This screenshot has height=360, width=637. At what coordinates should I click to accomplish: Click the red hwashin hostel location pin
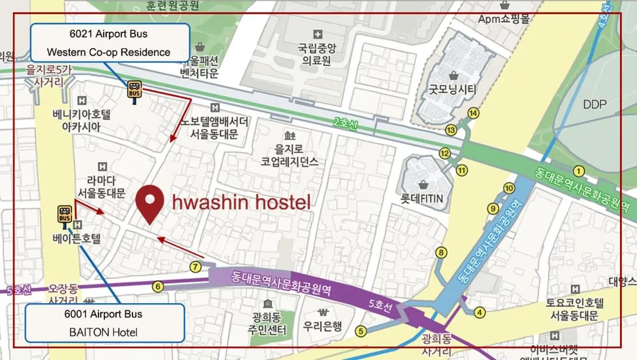tap(149, 202)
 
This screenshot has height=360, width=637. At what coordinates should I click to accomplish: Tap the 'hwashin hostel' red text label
tap(241, 203)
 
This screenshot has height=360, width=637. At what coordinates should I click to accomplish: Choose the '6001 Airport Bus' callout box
tap(105, 323)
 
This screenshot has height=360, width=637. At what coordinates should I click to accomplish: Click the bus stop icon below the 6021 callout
tap(134, 90)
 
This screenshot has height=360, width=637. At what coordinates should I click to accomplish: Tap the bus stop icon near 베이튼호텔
tap(64, 215)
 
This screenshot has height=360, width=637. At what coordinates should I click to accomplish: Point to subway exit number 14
tap(472, 113)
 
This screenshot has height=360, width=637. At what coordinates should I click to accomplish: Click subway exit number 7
tap(196, 267)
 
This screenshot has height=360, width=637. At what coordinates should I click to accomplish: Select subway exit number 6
tap(157, 287)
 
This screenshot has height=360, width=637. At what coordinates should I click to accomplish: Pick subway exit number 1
tap(579, 171)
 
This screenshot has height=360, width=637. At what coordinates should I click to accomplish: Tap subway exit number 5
tap(360, 331)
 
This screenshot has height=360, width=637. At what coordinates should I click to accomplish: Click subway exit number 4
tap(480, 313)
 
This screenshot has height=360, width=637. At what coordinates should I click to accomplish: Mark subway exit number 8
tap(441, 253)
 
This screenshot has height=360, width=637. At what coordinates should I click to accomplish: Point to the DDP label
tap(595, 105)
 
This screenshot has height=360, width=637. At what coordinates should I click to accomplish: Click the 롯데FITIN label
tap(422, 199)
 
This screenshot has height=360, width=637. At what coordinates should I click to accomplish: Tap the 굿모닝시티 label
tap(453, 90)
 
